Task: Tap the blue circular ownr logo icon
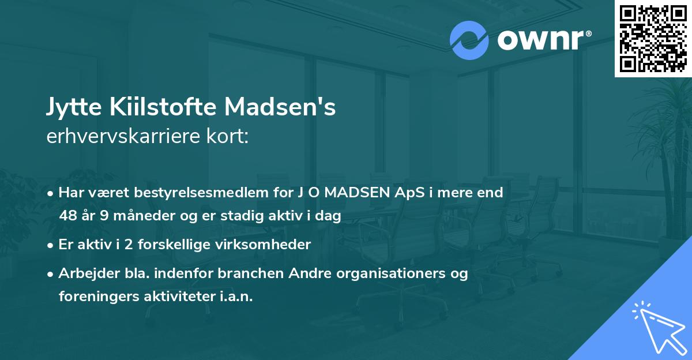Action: click(469, 40)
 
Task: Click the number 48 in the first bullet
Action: click(67, 216)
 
